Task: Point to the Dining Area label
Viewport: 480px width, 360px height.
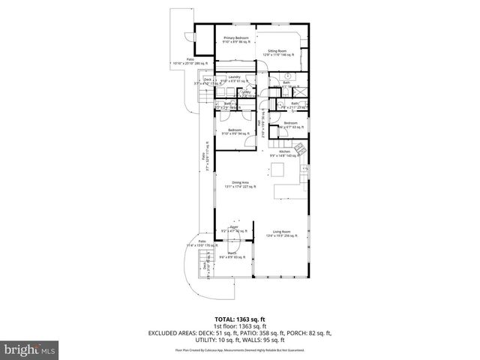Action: pyautogui.click(x=240, y=184)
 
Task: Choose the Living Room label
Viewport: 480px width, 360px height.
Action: pyautogui.click(x=281, y=233)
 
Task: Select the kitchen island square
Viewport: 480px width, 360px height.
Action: pyautogui.click(x=283, y=188)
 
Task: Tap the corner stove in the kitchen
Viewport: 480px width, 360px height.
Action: pyautogui.click(x=303, y=150)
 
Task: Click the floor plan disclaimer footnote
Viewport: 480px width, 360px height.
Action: pyautogui.click(x=239, y=349)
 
